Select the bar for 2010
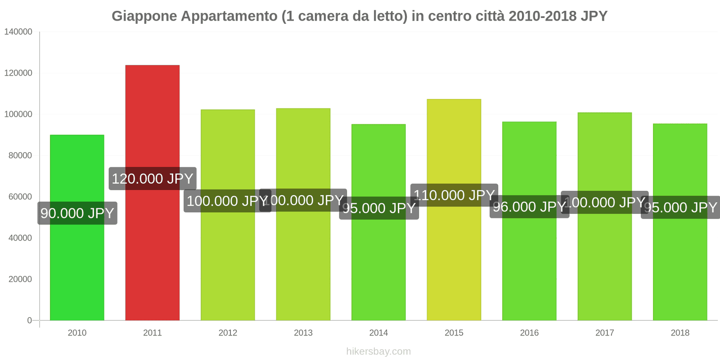pyautogui.click(x=77, y=270)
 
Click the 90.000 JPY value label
pyautogui.click(x=77, y=213)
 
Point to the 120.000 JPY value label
pyautogui.click(x=152, y=179)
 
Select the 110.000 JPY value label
pyautogui.click(x=454, y=195)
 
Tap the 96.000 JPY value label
pyautogui.click(x=529, y=207)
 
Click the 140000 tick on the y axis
pyautogui.click(x=18, y=31)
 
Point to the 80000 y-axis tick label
pyautogui.click(x=20, y=156)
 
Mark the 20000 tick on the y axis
pyautogui.click(x=20, y=279)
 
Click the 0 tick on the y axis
pyautogui.click(x=30, y=320)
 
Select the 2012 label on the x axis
pyautogui.click(x=228, y=333)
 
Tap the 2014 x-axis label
pyautogui.click(x=378, y=333)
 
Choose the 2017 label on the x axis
pyautogui.click(x=604, y=333)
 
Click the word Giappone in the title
pyautogui.click(x=144, y=16)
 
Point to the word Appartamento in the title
pyautogui.click(x=229, y=16)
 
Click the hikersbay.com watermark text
pyautogui.click(x=378, y=351)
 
